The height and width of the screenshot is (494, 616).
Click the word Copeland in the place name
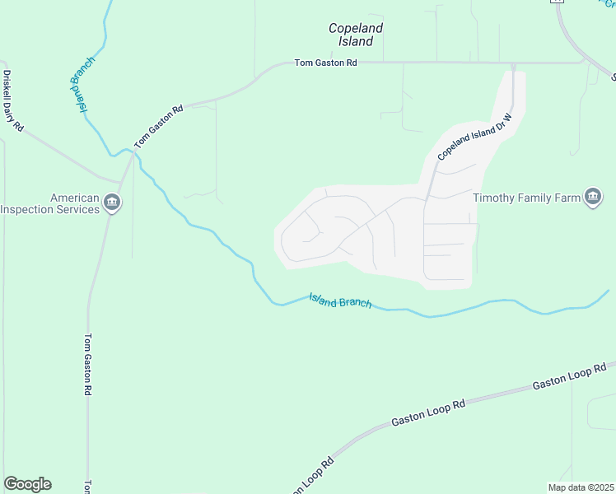pyautogui.click(x=356, y=28)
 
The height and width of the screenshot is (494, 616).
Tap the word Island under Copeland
pyautogui.click(x=356, y=41)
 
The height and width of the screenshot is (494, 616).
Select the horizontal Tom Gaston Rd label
pyautogui.click(x=326, y=63)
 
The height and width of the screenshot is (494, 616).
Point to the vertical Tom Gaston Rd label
pyautogui.click(x=88, y=365)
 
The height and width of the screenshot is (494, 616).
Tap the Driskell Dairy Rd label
pyautogui.click(x=13, y=102)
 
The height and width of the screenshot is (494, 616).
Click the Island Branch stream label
pyautogui.click(x=340, y=301)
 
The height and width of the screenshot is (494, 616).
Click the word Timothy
pyautogui.click(x=496, y=198)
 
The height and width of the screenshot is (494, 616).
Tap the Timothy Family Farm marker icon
pyautogui.click(x=593, y=197)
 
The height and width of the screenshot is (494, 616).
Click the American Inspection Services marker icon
pyautogui.click(x=114, y=203)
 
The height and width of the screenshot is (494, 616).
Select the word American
pyautogui.click(x=75, y=198)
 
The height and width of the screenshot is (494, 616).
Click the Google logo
pyautogui.click(x=27, y=484)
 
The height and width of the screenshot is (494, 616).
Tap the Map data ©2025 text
pyautogui.click(x=581, y=487)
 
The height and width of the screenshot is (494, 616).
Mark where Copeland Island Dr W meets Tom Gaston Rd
pyautogui.click(x=512, y=63)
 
